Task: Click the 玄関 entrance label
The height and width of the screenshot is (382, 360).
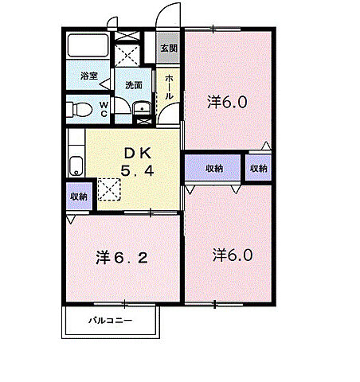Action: point(169,49)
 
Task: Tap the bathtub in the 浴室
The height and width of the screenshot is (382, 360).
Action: point(88,45)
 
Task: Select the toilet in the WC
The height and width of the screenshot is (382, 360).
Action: point(79,109)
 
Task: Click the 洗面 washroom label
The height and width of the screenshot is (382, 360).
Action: point(134,85)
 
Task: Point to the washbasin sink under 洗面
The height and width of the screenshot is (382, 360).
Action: point(142,108)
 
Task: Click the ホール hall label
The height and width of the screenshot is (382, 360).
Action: point(169,87)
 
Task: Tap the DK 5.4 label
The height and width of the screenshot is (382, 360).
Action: point(138,162)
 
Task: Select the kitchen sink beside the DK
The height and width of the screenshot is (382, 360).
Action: point(76,166)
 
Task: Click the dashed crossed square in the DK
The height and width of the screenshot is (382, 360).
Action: point(109,189)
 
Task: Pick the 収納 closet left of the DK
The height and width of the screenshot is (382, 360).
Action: point(79,197)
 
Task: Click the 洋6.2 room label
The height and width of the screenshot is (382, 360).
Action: point(122,257)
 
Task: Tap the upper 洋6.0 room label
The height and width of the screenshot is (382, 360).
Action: point(227,102)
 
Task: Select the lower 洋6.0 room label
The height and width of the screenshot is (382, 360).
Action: point(233,255)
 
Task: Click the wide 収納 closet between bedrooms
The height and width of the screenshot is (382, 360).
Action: point(213,168)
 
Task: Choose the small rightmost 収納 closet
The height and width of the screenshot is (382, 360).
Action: point(258,168)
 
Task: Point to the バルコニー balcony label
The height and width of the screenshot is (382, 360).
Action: point(110,321)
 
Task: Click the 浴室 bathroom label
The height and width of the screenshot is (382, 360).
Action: point(89,76)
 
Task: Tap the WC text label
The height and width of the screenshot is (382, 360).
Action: point(104,109)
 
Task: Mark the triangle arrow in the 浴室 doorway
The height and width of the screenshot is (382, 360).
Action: point(105,84)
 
